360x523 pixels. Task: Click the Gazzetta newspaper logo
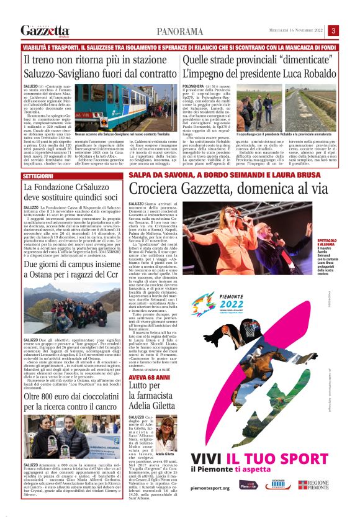coord(45,30)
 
